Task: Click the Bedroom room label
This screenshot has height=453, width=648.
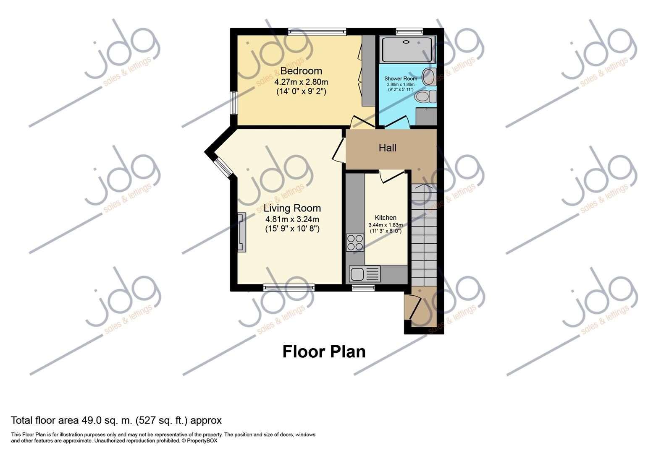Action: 301,71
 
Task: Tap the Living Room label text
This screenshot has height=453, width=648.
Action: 292,208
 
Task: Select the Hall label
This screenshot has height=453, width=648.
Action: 387,148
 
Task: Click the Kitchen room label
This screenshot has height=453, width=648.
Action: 385,218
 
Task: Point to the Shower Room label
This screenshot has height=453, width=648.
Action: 401,78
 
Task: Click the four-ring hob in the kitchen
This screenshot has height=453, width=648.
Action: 355,242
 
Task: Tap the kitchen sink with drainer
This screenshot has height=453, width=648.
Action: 365,274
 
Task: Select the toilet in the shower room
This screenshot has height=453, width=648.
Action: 425,96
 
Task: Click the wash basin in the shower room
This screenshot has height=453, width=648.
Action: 429,77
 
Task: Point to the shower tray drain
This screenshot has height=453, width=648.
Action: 406,42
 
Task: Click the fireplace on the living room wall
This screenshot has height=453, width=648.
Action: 242,232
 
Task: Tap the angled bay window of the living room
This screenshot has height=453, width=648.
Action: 222,167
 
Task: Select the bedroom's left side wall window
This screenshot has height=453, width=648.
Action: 234,103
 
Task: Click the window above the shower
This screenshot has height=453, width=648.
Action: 409,31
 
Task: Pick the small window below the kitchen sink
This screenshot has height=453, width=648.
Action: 363,288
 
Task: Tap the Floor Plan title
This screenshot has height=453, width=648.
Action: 324,351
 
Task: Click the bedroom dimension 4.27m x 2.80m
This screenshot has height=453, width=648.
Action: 301,82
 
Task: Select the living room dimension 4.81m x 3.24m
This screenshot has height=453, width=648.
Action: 292,219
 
